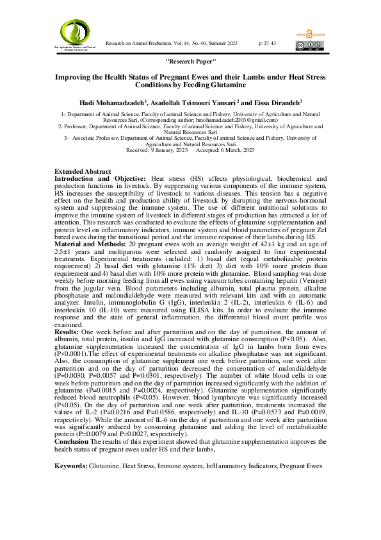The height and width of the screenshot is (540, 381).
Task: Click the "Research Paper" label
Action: pos(190,60)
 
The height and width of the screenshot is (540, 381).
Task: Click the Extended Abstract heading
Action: pos(83,172)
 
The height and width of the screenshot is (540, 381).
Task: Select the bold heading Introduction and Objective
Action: pos(100,178)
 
